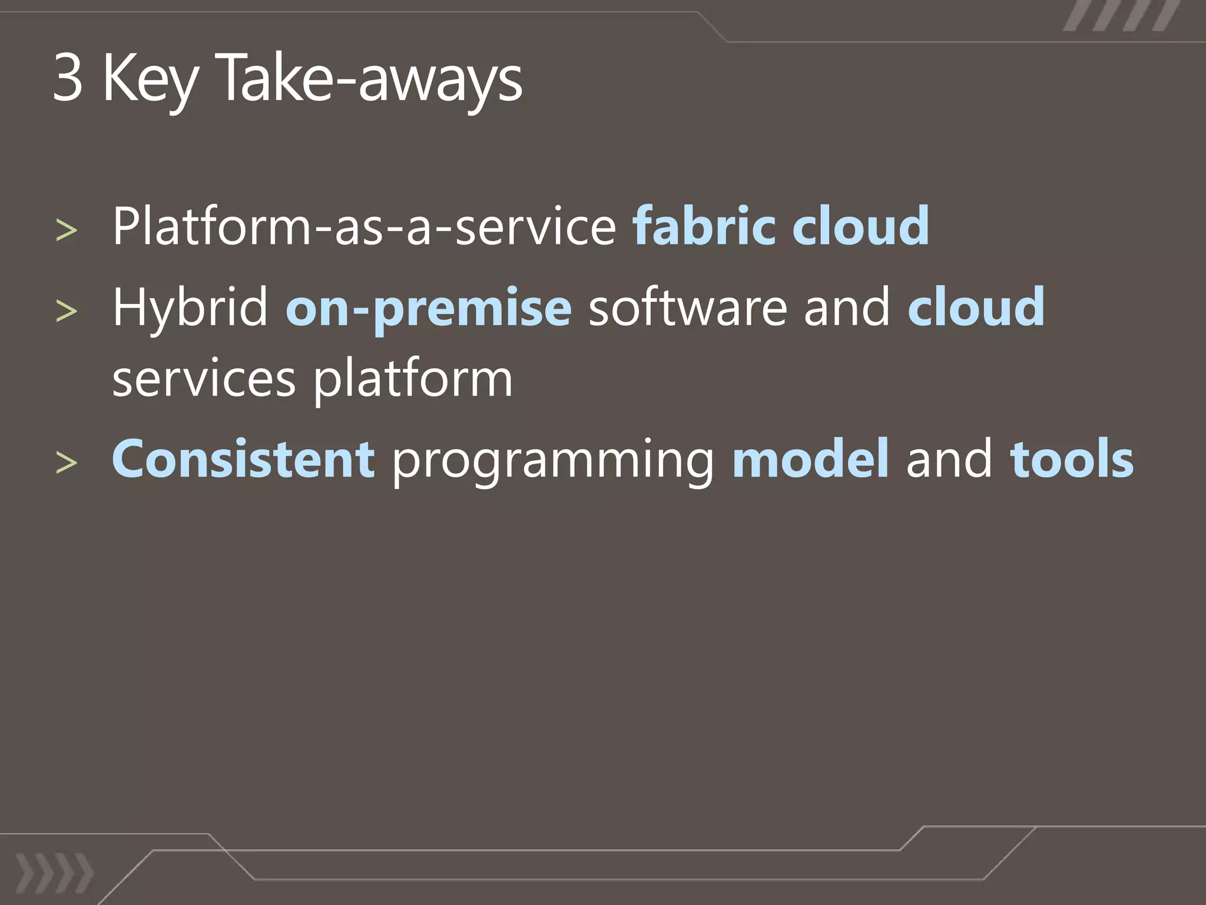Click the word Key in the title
[x=150, y=80]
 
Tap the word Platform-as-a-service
[x=364, y=226]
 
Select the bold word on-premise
[x=428, y=308]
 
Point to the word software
[x=687, y=308]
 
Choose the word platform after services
[x=413, y=380]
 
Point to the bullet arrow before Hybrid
[x=66, y=311]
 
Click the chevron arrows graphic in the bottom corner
[x=54, y=872]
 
